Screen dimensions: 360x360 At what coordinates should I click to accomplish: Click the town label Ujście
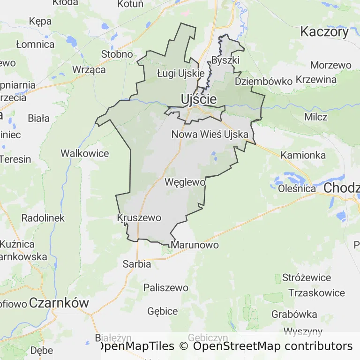coord(199,99)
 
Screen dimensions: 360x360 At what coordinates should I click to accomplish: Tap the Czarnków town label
coord(59,303)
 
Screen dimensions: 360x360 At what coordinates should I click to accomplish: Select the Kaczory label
coord(324,32)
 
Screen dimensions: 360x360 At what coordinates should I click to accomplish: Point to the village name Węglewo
coord(185,182)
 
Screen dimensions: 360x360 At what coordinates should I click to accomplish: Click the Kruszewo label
coord(139,218)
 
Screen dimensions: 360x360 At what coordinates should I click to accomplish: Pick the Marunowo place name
coord(195,245)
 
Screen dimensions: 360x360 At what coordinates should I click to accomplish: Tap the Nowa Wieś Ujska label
coord(210,135)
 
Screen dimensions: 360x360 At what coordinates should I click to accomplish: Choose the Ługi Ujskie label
coord(180,73)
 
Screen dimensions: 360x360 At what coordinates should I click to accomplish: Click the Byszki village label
coord(225,60)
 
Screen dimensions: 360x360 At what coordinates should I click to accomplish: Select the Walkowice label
coord(85,153)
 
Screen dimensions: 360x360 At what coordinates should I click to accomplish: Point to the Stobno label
coord(117,54)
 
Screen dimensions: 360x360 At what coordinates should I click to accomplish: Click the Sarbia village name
coord(137,264)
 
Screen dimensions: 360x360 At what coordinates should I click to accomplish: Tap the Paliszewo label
coord(166,287)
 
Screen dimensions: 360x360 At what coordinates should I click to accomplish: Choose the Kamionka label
coord(303,155)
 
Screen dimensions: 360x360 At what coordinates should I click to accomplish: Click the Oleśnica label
coord(297,189)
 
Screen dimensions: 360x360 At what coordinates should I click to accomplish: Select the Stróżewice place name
coord(307,277)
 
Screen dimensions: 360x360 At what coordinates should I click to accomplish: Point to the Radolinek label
coord(43,218)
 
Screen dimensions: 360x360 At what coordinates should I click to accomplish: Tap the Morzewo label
coord(330,65)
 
